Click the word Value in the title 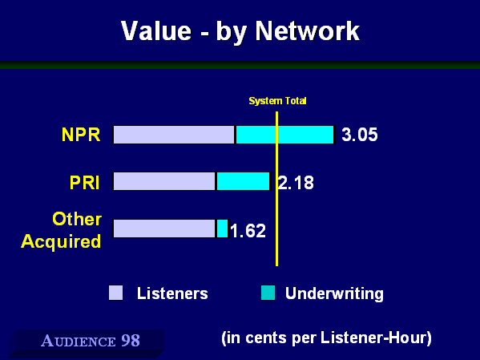156,31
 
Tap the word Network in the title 308,31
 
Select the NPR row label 81,135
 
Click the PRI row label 84,183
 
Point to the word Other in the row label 77,219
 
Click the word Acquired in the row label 61,241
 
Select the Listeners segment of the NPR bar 174,135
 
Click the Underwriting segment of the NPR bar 285,135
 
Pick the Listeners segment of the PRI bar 164,181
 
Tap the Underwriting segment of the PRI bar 244,181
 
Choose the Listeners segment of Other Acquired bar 164,229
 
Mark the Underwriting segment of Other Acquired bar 223,229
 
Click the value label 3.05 360,135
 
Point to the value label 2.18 296,183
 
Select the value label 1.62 248,231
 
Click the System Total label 277,101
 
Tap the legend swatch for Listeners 115,293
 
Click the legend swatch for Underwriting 268,293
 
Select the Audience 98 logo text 91,341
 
